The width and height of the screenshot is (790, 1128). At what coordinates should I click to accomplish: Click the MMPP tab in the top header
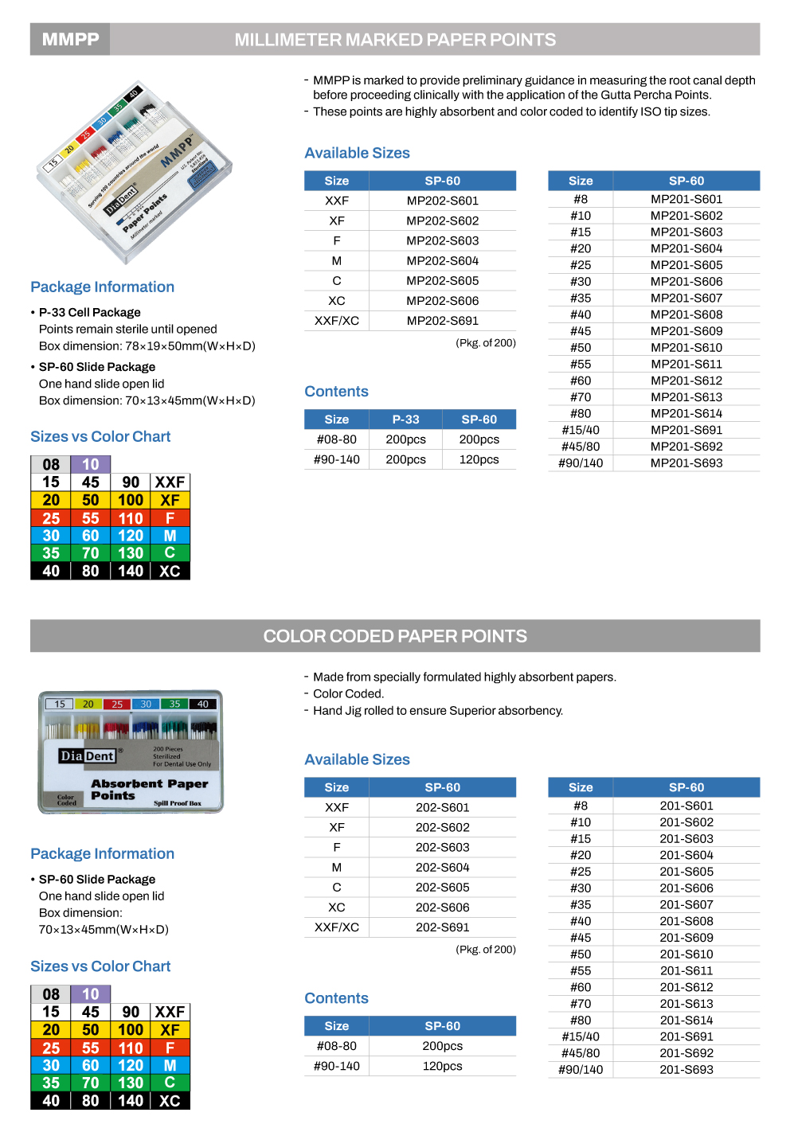[x=70, y=40]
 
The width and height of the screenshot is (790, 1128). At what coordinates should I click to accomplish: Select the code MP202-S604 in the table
[x=442, y=261]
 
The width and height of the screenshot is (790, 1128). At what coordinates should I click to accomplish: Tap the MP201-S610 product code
[x=686, y=348]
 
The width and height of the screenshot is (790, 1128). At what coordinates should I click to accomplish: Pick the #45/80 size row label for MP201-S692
[x=581, y=447]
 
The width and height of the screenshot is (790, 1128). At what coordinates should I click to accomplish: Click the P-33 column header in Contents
[x=405, y=420]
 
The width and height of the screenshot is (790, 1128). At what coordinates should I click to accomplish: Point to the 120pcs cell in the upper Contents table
[x=479, y=459]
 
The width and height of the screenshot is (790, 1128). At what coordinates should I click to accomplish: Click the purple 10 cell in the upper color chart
[x=91, y=464]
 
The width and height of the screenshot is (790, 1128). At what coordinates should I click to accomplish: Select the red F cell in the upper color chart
[x=170, y=518]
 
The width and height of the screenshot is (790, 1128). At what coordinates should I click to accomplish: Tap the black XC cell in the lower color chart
[x=170, y=1101]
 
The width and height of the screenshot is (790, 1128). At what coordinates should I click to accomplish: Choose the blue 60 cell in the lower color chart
[x=91, y=1065]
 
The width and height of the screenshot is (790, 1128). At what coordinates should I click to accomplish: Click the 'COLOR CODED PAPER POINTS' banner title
[x=395, y=636]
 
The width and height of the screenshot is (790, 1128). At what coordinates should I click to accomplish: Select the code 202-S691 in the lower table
[x=442, y=927]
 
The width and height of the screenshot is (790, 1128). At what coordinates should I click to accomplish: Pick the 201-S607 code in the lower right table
[x=686, y=905]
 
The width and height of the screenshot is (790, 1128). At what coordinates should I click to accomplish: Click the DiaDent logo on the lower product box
[x=88, y=755]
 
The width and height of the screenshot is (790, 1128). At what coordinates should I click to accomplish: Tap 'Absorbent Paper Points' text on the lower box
[x=149, y=789]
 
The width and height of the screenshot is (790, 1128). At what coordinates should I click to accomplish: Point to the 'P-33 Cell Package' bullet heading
[x=89, y=313]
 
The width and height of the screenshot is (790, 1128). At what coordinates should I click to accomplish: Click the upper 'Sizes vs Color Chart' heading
[x=100, y=436]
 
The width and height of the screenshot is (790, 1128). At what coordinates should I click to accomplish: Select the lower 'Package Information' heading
[x=102, y=853]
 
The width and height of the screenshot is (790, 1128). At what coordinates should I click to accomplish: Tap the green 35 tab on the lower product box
[x=174, y=704]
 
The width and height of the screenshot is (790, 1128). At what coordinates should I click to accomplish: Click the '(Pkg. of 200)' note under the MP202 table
[x=485, y=343]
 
